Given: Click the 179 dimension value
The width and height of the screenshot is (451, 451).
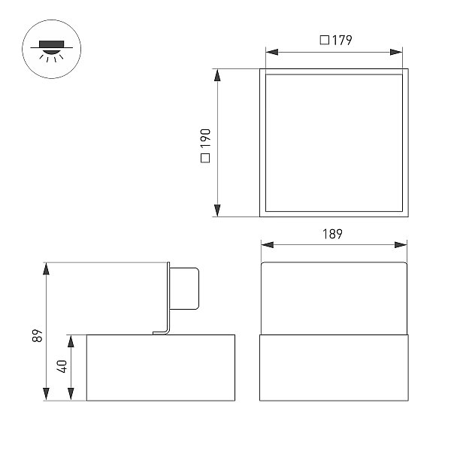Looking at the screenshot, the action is coord(342,40).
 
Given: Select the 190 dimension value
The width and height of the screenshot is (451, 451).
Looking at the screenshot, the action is coord(206,138).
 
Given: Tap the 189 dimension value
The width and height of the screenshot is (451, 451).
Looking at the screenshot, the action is coord(332,234).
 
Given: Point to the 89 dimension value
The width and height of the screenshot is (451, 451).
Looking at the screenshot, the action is coord(38,335).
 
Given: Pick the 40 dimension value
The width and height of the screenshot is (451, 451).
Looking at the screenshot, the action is coord(62,366).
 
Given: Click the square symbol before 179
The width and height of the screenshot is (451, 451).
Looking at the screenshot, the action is coord(325,40).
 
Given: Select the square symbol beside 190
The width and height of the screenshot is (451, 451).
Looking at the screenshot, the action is coord(205,158).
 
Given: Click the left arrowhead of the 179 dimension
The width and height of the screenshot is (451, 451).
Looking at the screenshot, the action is coord(272,52).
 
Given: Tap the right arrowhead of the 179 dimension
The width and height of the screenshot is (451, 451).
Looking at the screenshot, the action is coord(396,52).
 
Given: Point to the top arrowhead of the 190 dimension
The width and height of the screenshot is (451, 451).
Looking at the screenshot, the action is coord(217,75).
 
